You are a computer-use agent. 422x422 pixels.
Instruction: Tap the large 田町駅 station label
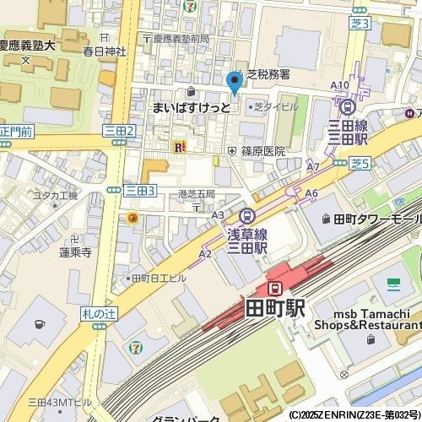(275, 308)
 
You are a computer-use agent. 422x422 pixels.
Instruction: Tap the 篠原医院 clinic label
(263, 151)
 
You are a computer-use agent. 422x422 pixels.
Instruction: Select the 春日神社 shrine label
(104, 51)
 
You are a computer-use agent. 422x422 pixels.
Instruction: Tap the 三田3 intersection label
(139, 192)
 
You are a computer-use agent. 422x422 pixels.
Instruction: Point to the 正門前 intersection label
(16, 132)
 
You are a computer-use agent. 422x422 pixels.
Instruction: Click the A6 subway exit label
(311, 194)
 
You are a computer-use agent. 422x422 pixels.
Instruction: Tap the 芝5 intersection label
(360, 162)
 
